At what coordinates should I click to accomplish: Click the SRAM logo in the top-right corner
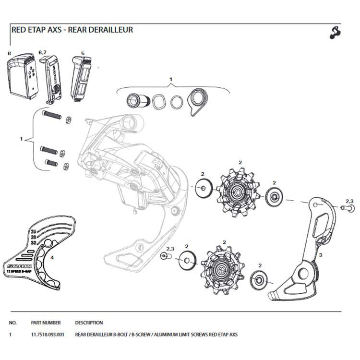tap(334, 32)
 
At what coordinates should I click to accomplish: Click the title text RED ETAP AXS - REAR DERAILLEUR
tap(72, 29)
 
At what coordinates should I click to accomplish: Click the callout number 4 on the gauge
tap(52, 257)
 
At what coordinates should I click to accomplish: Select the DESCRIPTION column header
tap(89, 323)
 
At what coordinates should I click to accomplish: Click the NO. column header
tap(13, 323)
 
